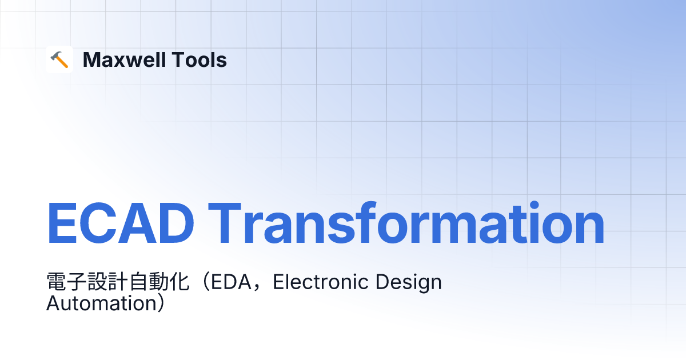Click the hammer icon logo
click(59, 59)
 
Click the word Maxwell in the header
click(125, 59)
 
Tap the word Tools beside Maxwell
click(199, 59)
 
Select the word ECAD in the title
click(121, 223)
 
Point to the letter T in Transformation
click(225, 223)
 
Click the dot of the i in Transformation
click(534, 205)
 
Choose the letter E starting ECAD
click(62, 223)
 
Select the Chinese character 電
click(56, 282)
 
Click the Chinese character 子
click(77, 282)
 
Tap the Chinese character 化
click(179, 282)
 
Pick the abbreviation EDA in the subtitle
click(231, 282)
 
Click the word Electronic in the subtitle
click(321, 282)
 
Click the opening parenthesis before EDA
click(205, 282)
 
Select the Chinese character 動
click(159, 282)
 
